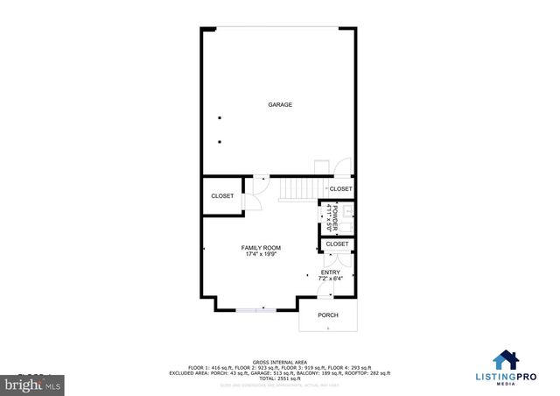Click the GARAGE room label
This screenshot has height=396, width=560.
280,105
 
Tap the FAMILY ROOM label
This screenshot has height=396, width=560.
261,248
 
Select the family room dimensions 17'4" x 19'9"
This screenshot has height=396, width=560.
261,255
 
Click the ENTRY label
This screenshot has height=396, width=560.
330,272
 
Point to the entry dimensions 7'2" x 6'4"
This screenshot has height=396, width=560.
330,279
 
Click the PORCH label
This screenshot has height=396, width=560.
328,315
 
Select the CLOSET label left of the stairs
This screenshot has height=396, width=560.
222,196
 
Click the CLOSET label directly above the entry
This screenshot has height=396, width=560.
337,244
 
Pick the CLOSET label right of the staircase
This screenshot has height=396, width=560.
340,189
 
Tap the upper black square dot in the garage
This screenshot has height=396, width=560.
220,118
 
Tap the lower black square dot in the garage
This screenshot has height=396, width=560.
220,142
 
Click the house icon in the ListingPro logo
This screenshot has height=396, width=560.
507,361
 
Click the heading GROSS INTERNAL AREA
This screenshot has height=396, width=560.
280,361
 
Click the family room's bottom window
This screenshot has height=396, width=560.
257,309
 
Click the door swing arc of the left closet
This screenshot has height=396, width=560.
251,201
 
